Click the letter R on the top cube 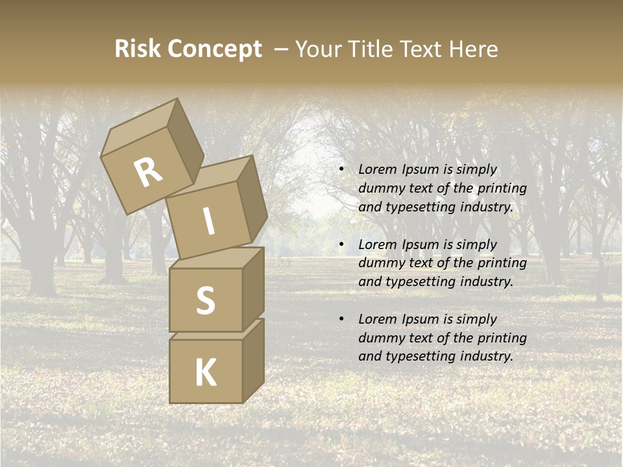[x=148, y=173]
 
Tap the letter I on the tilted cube [x=208, y=222]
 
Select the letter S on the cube [x=205, y=300]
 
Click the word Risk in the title [x=139, y=49]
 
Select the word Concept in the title [x=216, y=49]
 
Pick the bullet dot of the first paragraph [x=341, y=170]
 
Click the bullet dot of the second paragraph [x=341, y=245]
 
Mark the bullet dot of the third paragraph [x=341, y=320]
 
